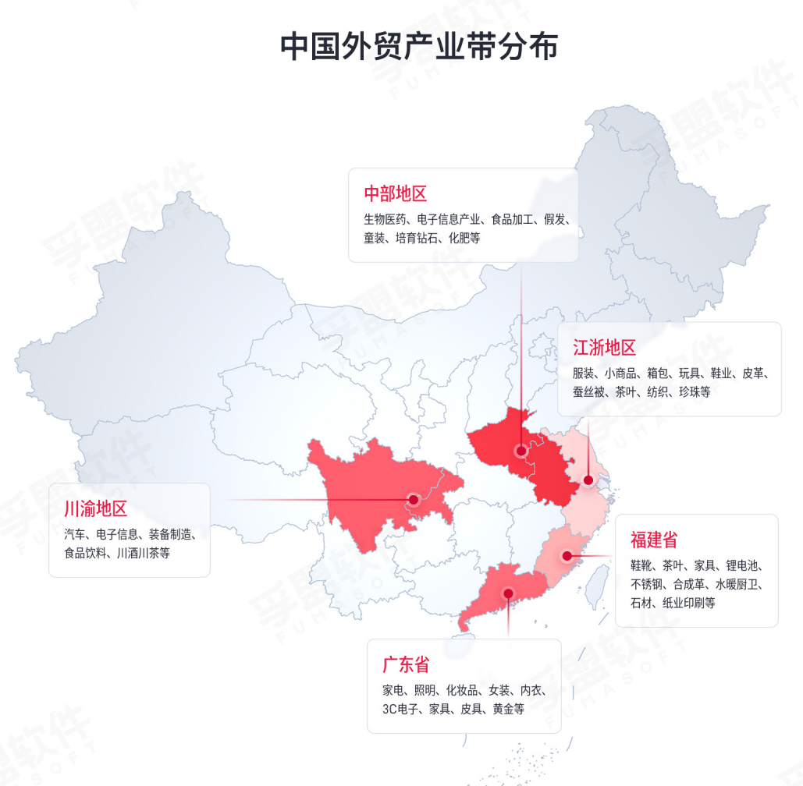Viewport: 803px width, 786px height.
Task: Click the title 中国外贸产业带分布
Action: (x=419, y=46)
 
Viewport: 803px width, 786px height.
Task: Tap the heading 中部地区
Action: (x=396, y=193)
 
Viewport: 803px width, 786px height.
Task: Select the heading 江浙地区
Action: (x=605, y=348)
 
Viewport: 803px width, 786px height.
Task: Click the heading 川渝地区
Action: (x=95, y=510)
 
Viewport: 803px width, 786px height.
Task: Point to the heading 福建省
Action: (x=654, y=540)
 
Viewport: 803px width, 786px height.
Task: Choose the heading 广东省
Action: (x=406, y=665)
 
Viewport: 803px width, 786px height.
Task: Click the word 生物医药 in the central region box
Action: (x=384, y=219)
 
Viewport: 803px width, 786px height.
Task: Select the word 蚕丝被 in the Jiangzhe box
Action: (x=589, y=392)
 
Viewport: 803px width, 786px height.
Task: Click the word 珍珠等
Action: (x=695, y=392)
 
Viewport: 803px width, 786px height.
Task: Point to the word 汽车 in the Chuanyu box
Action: (x=75, y=534)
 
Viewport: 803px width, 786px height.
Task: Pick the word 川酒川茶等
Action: (x=144, y=554)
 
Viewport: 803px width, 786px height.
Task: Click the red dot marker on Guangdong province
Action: (x=508, y=593)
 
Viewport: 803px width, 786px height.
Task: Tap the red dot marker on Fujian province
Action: (x=567, y=557)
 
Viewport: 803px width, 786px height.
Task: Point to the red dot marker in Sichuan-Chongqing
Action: (x=413, y=500)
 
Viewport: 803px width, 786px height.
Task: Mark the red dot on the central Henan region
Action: (x=521, y=451)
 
